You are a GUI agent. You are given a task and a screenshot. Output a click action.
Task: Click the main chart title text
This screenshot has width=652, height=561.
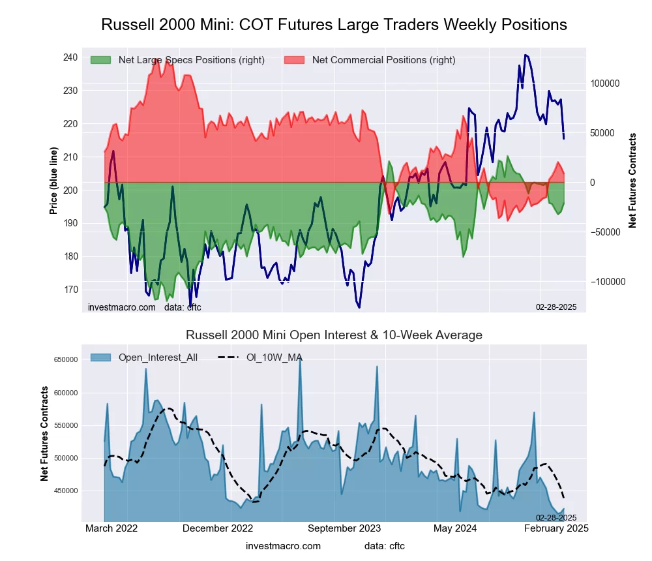click(334, 25)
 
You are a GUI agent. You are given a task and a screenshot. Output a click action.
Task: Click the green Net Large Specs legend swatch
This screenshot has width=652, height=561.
click(101, 60)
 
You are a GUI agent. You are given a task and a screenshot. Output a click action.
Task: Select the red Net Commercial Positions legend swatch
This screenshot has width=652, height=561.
click(295, 60)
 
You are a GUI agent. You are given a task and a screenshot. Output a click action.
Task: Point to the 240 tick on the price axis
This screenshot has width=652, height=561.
click(70, 57)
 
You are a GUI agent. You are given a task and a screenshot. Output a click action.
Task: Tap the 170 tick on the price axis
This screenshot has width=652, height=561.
click(70, 290)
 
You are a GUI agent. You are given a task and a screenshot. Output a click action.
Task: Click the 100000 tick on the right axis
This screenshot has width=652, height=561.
click(605, 83)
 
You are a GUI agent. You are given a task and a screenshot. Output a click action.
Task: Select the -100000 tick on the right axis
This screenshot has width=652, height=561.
click(606, 282)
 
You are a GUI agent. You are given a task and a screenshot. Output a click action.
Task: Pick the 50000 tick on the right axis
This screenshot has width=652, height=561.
click(603, 133)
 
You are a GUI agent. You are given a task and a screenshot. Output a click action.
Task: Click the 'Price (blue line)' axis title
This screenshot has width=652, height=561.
click(53, 181)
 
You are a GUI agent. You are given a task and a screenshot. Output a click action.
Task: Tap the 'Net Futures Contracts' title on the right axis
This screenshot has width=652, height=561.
click(632, 181)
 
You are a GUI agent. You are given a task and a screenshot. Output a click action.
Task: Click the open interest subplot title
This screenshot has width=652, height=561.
click(334, 335)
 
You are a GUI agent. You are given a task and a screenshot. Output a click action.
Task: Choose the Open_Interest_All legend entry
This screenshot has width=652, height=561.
click(143, 357)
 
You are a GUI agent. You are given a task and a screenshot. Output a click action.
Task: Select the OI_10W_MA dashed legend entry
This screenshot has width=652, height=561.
click(261, 357)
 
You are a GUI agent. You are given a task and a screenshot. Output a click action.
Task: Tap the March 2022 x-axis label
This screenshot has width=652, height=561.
click(111, 528)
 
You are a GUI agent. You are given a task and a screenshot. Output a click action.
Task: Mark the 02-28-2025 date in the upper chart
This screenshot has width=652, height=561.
click(556, 307)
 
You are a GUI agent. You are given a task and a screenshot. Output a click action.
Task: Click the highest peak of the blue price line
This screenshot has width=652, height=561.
click(526, 55)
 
